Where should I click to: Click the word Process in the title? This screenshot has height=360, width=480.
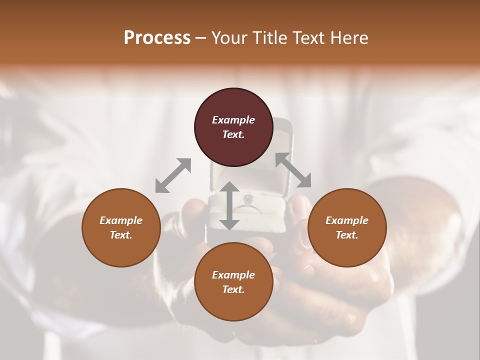tap(157, 38)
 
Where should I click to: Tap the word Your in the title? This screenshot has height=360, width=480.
tap(230, 38)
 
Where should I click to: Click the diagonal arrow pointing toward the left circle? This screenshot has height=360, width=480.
tap(173, 175)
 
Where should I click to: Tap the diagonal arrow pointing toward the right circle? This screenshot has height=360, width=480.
tap(293, 170)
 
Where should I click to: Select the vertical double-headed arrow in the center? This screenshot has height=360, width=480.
tap(229, 205)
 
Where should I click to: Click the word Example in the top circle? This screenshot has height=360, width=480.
tap(233, 120)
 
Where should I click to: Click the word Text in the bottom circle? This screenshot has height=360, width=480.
tap(232, 289)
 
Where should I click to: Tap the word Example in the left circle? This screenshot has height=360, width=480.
tap(121, 220)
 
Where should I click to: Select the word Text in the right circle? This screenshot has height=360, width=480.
tap(346, 235)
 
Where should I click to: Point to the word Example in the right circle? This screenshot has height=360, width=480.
tap(347, 220)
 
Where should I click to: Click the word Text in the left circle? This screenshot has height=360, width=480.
tap(120, 235)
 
